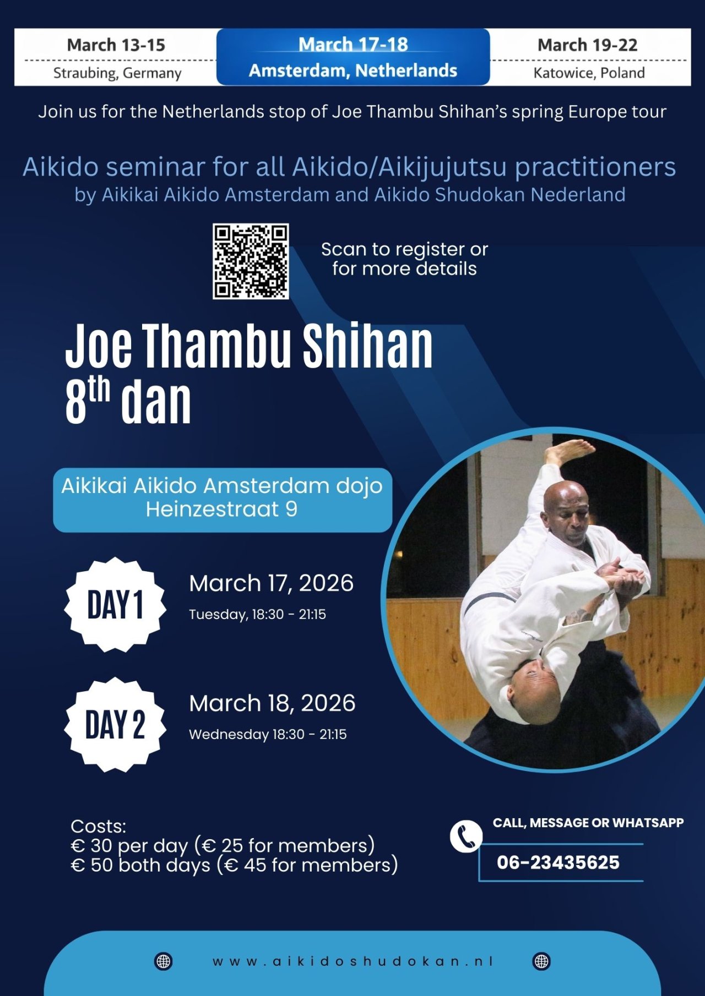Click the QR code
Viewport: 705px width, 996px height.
click(251, 261)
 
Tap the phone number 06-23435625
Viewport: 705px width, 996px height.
click(558, 862)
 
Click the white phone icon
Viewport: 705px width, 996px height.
click(466, 836)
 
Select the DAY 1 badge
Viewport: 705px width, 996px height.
click(115, 605)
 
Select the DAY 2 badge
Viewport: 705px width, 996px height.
click(115, 725)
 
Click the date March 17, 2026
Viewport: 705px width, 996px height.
click(271, 583)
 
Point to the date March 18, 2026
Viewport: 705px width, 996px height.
click(272, 703)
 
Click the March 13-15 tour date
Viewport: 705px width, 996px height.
click(116, 45)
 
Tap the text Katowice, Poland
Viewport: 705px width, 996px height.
click(589, 73)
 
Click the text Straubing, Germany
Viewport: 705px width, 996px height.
click(117, 73)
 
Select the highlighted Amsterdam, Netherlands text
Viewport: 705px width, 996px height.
click(353, 70)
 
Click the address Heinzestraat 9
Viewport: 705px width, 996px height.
click(221, 510)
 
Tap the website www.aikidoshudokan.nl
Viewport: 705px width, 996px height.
click(352, 961)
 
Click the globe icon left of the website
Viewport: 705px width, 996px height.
click(163, 961)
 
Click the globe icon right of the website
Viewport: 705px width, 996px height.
click(541, 961)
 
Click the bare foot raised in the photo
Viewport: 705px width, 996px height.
click(570, 450)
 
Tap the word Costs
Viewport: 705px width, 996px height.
click(98, 826)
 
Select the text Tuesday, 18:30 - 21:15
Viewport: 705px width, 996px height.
click(257, 614)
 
